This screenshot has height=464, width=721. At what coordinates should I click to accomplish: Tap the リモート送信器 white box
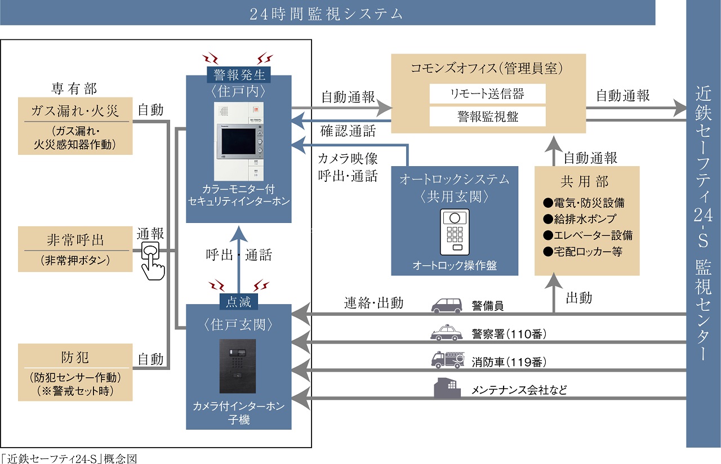487,93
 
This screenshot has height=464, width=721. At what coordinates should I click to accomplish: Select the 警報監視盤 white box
487,117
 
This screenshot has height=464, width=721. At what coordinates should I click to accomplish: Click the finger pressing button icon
152,260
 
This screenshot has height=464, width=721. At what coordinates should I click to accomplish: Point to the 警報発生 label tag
239,74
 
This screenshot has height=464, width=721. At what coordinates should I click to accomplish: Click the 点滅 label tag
239,302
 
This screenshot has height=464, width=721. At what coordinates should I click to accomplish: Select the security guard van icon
446,305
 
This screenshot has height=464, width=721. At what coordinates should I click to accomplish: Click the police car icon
446,333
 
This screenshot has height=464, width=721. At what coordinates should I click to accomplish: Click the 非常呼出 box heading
75,240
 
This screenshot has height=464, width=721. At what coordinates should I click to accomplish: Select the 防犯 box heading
75,358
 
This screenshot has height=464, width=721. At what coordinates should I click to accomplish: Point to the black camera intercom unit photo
237,366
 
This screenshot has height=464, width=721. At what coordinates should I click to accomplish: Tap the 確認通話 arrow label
348,132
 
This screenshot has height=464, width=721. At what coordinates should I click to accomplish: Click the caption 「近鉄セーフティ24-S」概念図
69,458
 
